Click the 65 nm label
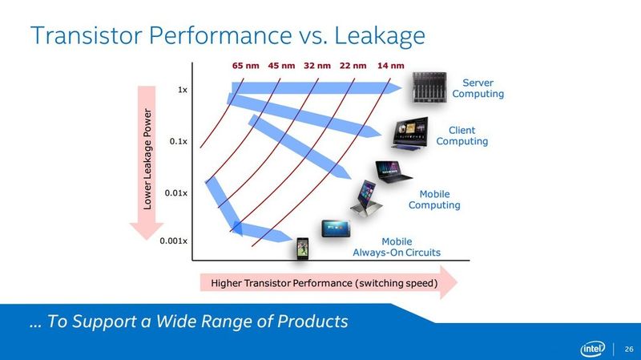click(x=245, y=65)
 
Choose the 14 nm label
click(x=390, y=65)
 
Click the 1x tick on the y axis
click(x=183, y=90)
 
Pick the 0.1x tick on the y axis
click(x=179, y=142)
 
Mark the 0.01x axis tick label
click(x=176, y=193)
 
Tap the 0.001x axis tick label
click(x=174, y=241)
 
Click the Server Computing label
click(x=478, y=88)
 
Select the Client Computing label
click(x=462, y=136)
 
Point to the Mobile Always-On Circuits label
click(x=397, y=247)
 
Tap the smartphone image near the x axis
click(x=303, y=249)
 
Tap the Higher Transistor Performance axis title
click(x=325, y=283)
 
